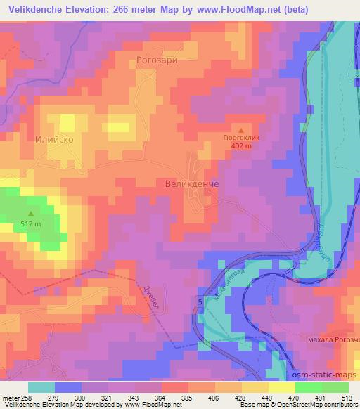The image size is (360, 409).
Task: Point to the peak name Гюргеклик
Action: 241,139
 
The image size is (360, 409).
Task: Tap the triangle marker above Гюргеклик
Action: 241,130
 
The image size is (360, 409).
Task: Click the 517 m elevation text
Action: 31,224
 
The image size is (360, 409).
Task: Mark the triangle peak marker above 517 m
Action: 31,214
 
